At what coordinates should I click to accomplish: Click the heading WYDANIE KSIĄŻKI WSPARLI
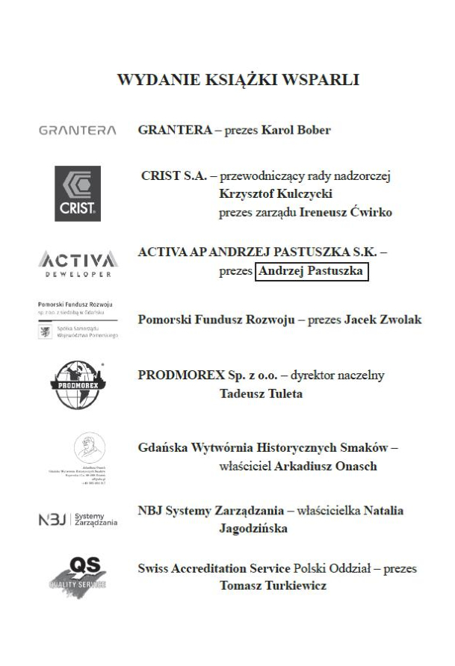point(238,80)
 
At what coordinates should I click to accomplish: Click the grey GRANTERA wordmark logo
point(77,131)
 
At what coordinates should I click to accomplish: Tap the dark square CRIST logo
point(78,193)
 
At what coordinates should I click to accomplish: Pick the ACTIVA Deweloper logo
point(77,263)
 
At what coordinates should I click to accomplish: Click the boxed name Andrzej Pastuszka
point(312,272)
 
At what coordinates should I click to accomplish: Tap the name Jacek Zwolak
point(383,320)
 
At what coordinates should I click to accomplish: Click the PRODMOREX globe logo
point(78,383)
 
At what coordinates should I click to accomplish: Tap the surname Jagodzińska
point(253,529)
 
